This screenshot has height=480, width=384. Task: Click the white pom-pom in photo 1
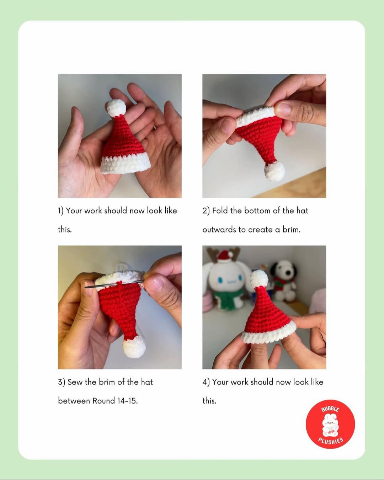point(117,107)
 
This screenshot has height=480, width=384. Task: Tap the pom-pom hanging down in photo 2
point(274,171)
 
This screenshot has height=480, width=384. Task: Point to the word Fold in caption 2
point(220,210)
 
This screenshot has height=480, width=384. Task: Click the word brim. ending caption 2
point(291,229)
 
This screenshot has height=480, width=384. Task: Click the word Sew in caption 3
point(75,382)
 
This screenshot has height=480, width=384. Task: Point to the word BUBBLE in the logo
point(330,409)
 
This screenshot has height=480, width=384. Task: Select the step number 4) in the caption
point(206,382)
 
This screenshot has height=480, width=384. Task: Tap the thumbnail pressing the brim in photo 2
point(285,108)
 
